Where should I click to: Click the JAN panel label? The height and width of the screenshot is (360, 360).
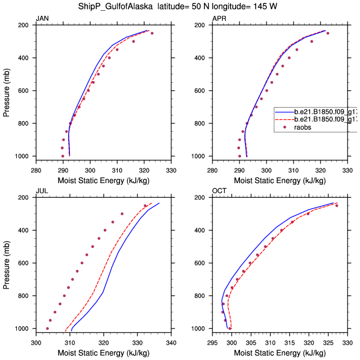click(x=42, y=19)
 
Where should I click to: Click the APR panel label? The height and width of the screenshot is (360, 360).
click(x=219, y=19)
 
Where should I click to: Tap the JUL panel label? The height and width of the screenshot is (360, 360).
click(x=42, y=191)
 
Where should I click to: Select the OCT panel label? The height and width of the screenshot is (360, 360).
click(x=219, y=191)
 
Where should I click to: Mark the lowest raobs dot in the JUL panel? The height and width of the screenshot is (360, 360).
click(x=47, y=328)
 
